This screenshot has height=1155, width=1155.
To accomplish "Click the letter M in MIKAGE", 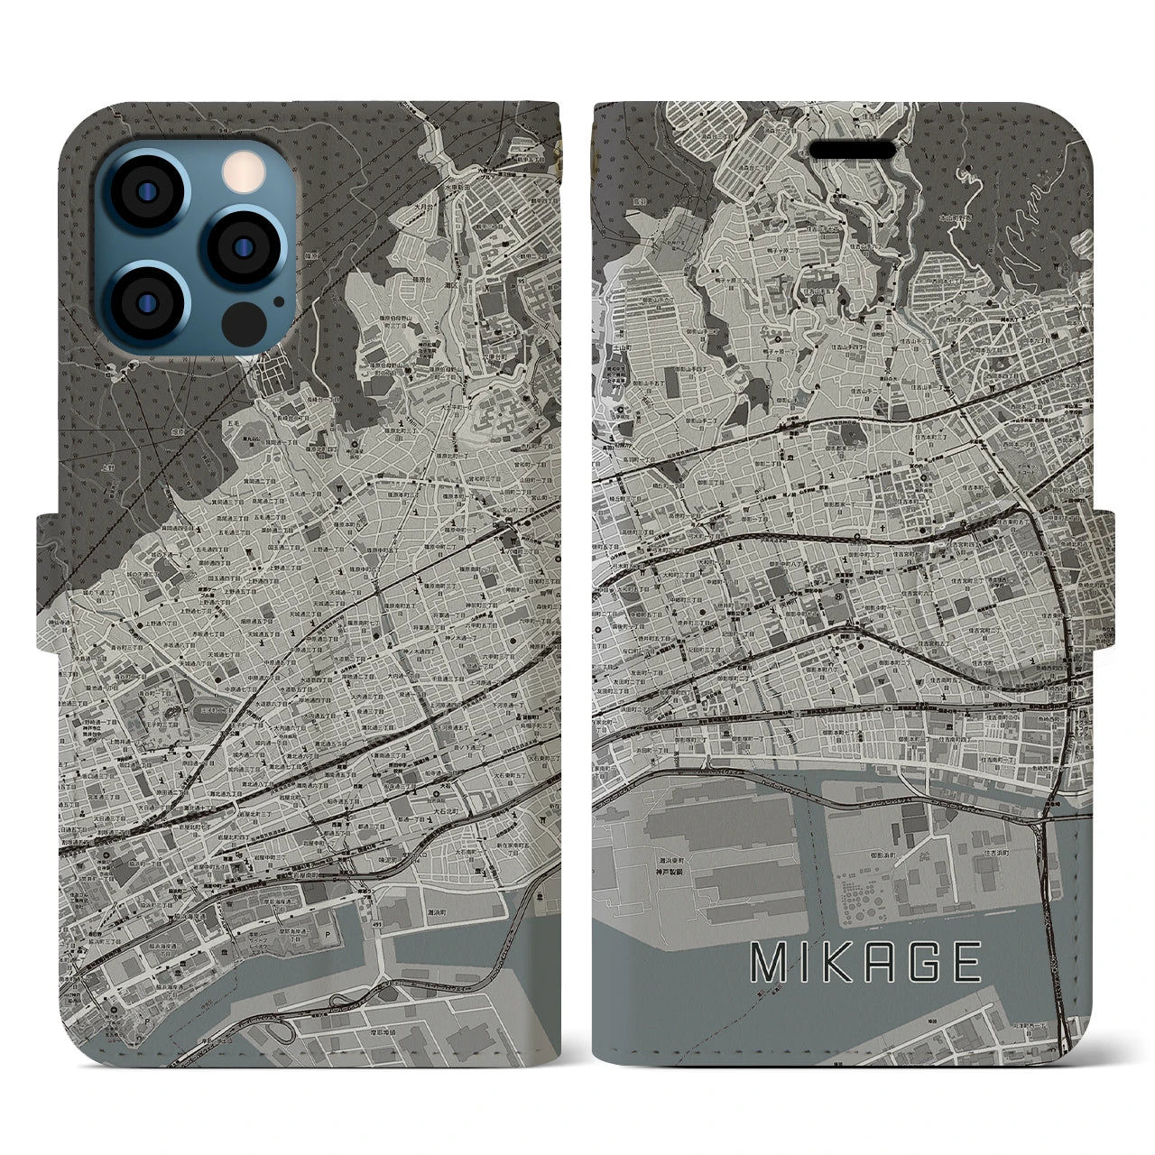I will coord(768,963).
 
